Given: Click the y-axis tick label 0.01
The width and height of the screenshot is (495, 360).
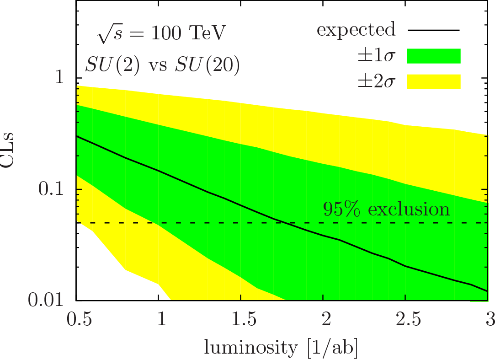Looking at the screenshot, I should point(48,301).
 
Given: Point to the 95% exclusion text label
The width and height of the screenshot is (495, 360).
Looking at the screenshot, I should point(386,209).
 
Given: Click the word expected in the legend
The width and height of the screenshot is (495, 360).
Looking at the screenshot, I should point(356,30).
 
